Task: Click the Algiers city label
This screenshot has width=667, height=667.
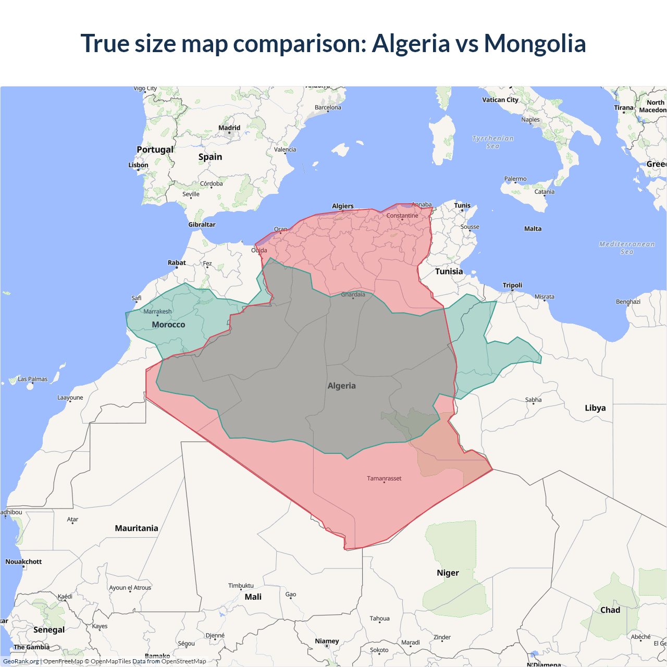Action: point(342,206)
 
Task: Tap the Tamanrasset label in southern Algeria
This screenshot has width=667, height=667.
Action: point(384,478)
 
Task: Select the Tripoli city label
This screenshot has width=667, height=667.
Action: point(512,285)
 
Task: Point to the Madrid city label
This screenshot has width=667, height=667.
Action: point(229,128)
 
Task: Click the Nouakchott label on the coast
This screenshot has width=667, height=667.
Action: point(23,562)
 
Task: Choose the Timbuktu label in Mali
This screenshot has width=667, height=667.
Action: point(241,586)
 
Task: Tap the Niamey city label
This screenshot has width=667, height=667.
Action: point(327,641)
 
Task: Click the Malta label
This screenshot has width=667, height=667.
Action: point(533,229)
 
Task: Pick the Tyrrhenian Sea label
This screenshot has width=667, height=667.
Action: point(493,142)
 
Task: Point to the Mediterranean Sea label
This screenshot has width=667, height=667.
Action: point(627,248)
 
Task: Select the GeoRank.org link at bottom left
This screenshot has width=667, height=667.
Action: point(21,661)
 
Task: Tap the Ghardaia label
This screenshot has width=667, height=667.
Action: point(353,294)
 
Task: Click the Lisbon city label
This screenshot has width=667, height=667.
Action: point(138,165)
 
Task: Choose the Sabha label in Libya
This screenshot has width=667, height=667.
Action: point(533,400)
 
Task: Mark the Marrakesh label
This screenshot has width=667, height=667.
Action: point(157,312)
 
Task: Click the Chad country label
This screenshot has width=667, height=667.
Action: point(610,610)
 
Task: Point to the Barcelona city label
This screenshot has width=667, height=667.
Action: point(328,107)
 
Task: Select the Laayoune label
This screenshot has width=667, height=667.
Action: point(70,398)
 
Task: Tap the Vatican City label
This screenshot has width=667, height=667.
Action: point(500,100)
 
